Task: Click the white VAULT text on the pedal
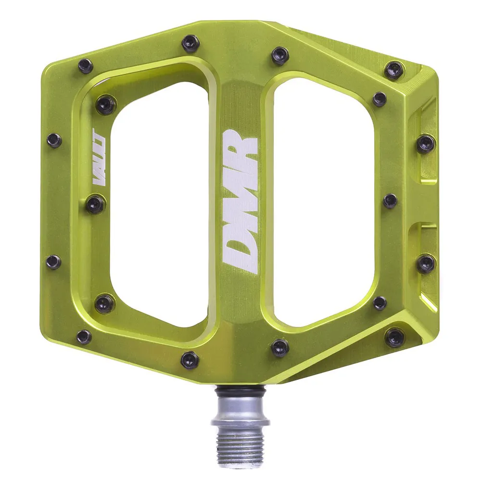pos(99,176)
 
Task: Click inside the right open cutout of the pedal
pos(322,202)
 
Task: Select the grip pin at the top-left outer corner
pos(85,65)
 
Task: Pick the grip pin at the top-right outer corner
pos(394,70)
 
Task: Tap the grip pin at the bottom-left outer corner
pos(84,336)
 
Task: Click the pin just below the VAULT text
pos(95,204)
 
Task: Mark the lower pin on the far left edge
pos(53,262)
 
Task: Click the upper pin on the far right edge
pos(425,143)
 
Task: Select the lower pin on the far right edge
pos(426,263)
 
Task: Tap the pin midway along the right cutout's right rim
pos(390,201)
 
